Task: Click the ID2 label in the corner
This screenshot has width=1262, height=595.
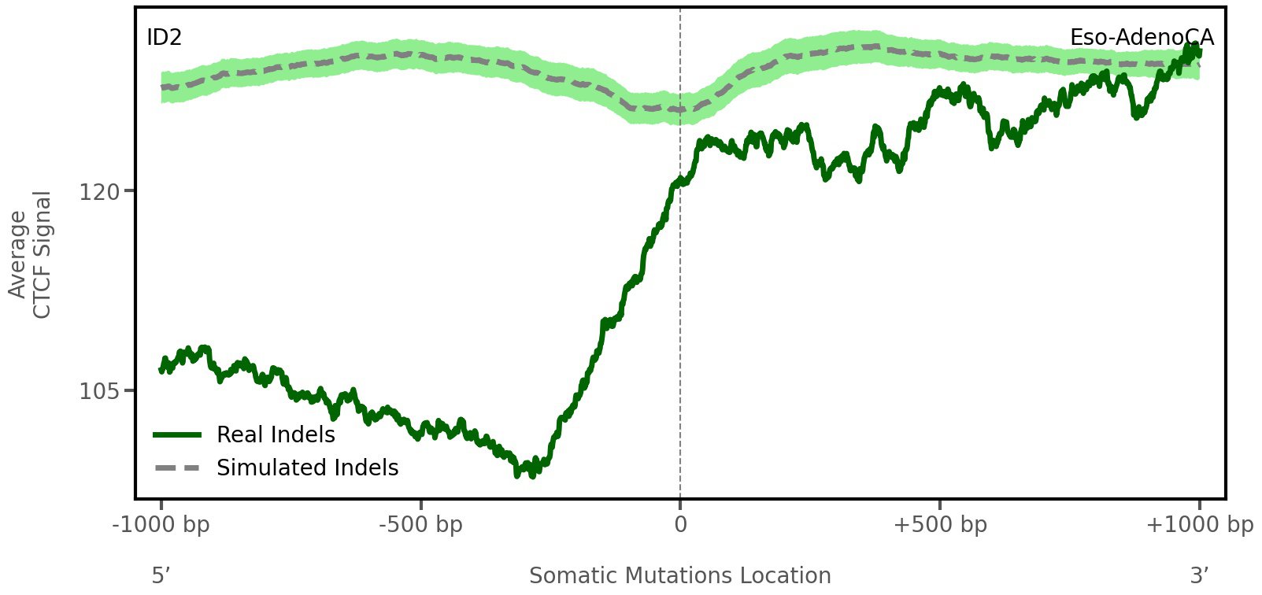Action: point(165,37)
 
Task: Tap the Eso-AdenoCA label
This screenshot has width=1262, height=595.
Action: point(1141,37)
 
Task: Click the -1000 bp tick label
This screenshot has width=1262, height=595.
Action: point(161,524)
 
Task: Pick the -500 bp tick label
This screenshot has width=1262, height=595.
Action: point(420,524)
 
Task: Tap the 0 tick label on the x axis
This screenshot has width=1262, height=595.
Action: point(680,524)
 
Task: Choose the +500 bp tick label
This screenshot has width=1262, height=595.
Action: point(940,524)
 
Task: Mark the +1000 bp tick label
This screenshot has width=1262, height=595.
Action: point(1199,524)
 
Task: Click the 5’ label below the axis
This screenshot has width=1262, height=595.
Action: point(161,576)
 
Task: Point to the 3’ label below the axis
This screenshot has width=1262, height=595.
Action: point(1199,576)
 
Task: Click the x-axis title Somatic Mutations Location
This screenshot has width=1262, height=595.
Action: point(680,576)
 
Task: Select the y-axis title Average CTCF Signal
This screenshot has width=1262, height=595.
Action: point(31,254)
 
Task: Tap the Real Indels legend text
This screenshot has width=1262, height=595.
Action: point(276,434)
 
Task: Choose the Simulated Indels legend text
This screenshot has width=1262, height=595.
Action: point(307,468)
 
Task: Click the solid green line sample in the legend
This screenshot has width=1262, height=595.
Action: point(178,434)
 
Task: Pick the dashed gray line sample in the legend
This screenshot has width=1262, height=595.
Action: point(178,468)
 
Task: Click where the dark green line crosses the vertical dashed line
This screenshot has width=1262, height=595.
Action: point(680,183)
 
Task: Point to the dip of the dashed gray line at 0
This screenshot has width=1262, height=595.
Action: point(680,109)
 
